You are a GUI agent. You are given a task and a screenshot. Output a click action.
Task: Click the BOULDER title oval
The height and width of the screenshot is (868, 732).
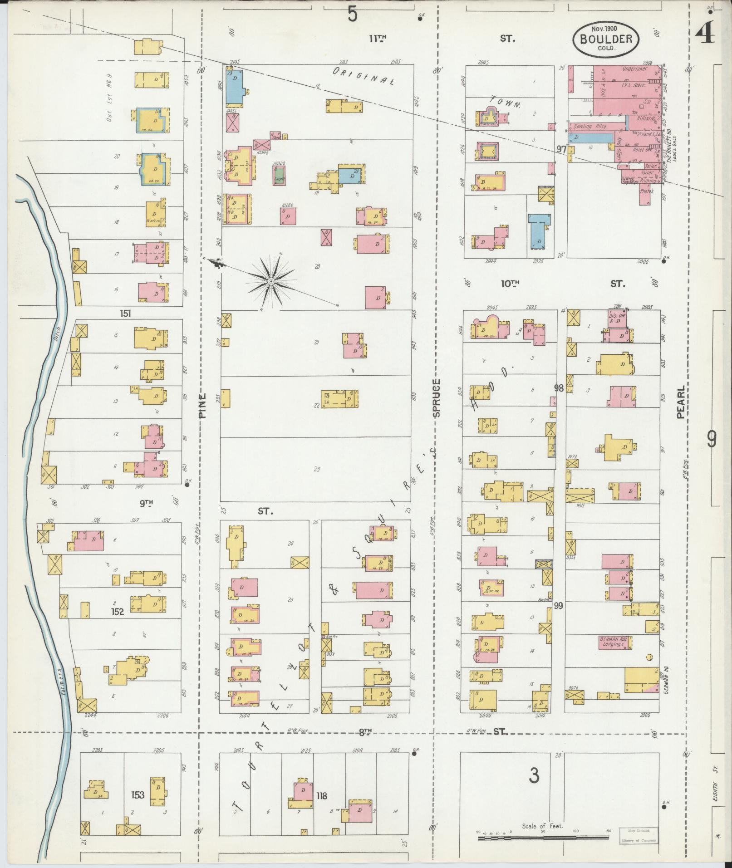[606, 39]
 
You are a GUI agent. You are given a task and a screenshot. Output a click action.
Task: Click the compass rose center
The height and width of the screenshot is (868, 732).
[270, 282]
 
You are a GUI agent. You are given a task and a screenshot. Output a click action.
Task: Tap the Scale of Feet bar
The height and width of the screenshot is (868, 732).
[542, 838]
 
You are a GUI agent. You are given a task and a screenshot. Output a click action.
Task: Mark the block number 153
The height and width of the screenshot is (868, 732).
[138, 794]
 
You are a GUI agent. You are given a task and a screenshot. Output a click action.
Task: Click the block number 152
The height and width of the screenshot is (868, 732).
[118, 611]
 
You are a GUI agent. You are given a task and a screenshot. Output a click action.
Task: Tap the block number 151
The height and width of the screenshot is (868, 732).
[126, 313]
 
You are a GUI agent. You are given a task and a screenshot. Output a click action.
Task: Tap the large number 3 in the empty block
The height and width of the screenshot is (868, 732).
[534, 776]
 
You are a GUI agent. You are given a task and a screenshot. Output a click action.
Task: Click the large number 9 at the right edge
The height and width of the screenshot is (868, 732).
[712, 439]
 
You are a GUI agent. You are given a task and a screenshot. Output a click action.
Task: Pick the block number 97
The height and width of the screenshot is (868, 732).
[562, 149]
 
